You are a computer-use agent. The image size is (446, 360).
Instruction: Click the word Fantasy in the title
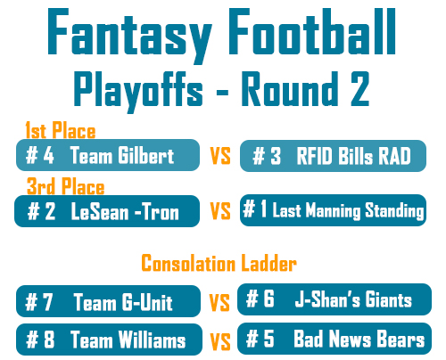(x=129, y=36)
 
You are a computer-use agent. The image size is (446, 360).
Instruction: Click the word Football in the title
(x=312, y=31)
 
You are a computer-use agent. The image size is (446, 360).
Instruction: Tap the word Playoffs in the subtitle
(x=138, y=92)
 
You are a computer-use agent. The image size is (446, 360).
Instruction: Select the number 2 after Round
(x=359, y=89)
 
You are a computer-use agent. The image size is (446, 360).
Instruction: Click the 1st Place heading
(x=61, y=130)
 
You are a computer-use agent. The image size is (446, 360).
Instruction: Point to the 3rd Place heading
(x=65, y=186)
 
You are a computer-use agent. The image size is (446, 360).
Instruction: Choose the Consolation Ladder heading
(x=219, y=263)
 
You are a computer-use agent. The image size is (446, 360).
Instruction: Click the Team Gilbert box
(x=108, y=155)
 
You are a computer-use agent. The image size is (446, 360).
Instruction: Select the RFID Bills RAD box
(x=333, y=156)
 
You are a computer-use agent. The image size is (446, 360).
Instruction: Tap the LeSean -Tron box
(x=107, y=211)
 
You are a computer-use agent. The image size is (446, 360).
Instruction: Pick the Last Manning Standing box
(x=333, y=210)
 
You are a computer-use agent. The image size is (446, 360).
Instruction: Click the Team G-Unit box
(x=108, y=301)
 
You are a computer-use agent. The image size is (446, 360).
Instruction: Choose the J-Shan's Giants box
(x=334, y=299)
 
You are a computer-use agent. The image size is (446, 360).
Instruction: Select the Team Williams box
(x=109, y=340)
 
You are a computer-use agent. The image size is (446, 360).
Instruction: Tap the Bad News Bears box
(x=334, y=339)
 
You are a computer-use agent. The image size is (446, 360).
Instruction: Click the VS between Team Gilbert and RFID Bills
(x=220, y=156)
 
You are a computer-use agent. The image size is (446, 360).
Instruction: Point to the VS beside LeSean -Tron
(x=220, y=211)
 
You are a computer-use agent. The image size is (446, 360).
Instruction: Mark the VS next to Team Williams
(x=220, y=341)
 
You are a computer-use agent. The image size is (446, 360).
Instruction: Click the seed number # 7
(x=38, y=302)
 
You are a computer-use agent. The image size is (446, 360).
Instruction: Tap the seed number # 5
(x=260, y=339)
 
